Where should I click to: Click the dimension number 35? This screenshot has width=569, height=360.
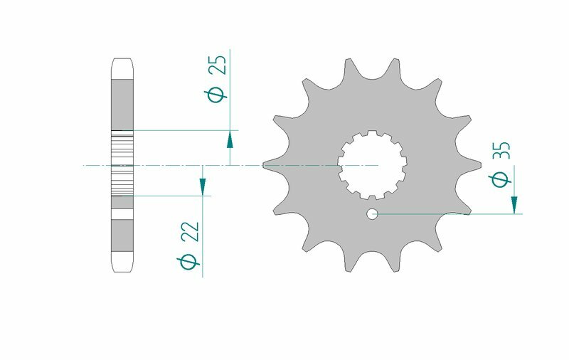[x=501, y=152]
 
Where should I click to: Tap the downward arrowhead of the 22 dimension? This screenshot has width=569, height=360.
[x=203, y=186]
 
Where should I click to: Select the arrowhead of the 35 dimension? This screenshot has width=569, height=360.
[x=514, y=205]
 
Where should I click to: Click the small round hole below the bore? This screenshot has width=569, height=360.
[x=372, y=213]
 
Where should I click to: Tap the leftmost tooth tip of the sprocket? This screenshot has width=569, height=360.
[x=265, y=165]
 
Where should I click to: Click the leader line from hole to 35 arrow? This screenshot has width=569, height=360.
[x=448, y=213]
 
